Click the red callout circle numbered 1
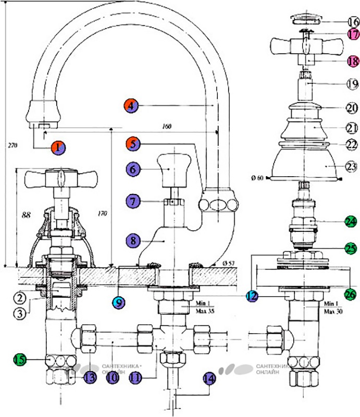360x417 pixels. tap(58, 147)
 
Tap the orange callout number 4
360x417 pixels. tap(131, 105)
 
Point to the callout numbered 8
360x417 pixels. tap(133, 241)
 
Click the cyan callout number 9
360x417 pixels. tap(119, 301)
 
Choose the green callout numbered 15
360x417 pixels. tap(20, 359)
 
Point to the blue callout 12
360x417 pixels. tap(253, 296)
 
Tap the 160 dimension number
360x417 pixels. tap(167, 126)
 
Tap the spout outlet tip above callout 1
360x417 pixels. tap(42, 126)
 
